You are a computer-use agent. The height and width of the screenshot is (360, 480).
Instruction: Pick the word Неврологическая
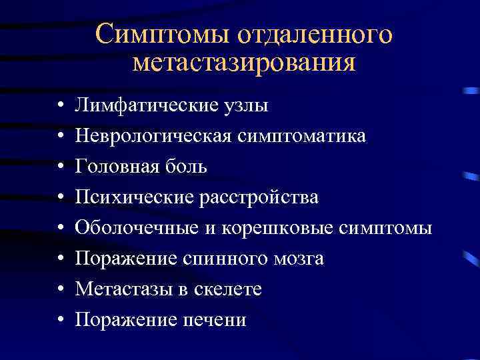(x=153, y=136)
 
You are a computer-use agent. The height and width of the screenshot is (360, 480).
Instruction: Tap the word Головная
(x=115, y=167)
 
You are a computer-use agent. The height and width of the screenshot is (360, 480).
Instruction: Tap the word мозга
(x=295, y=259)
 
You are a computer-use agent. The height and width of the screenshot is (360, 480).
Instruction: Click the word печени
(x=214, y=320)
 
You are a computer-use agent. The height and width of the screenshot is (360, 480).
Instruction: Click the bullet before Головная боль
(x=60, y=167)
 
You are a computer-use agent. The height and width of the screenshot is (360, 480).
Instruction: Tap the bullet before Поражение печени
(x=60, y=320)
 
